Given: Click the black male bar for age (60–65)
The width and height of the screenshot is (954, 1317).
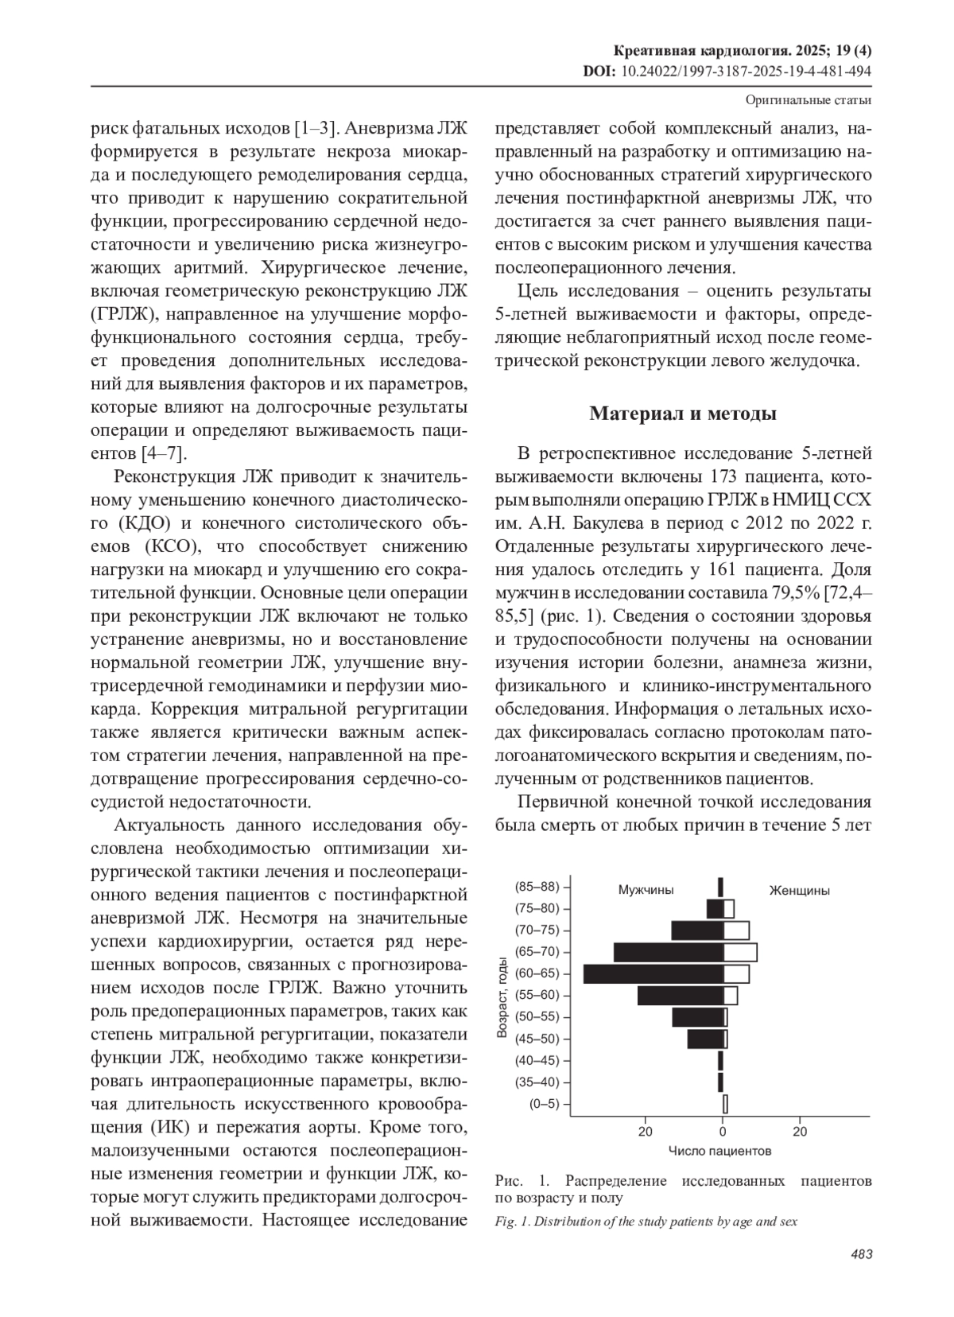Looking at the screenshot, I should [x=653, y=973].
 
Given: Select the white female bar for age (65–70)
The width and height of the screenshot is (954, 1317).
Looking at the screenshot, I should [x=740, y=952].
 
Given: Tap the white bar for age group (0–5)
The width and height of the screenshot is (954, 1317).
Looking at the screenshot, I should [x=725, y=1104].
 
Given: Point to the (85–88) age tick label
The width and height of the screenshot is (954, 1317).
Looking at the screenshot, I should [x=537, y=887].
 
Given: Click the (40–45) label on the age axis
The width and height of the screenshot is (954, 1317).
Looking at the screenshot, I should [x=537, y=1060].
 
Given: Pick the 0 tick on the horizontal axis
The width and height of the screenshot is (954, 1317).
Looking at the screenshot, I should [x=723, y=1131].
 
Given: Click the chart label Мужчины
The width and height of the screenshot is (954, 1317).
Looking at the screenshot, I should [x=646, y=891].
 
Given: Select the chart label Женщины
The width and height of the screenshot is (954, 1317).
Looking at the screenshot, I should [x=799, y=891].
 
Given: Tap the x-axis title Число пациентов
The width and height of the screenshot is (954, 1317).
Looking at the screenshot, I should [x=719, y=1151].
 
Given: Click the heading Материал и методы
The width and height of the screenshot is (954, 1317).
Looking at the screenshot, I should [x=683, y=414].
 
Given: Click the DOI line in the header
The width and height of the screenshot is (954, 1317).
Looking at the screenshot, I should [x=727, y=71].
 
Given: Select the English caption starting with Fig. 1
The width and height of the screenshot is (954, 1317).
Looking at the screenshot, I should [x=646, y=1222].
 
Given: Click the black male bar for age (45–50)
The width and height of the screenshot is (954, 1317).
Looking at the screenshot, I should [x=705, y=1039].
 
